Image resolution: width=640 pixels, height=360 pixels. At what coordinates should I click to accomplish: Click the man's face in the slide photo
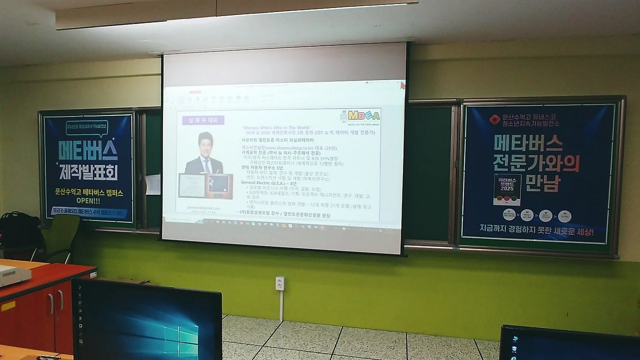pyautogui.click(x=205, y=143)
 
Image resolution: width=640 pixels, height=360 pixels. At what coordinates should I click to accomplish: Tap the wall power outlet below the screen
pyautogui.click(x=279, y=283)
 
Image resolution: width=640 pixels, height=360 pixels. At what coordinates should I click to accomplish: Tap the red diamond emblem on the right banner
pyautogui.click(x=494, y=119)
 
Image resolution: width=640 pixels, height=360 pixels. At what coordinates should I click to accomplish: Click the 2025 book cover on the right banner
pyautogui.click(x=507, y=190)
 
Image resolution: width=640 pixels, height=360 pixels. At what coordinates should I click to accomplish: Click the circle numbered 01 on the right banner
pyautogui.click(x=509, y=215)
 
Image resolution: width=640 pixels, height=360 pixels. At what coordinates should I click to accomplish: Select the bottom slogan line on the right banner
pyautogui.click(x=536, y=232)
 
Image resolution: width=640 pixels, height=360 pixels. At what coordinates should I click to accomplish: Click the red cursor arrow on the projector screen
pyautogui.click(x=402, y=85)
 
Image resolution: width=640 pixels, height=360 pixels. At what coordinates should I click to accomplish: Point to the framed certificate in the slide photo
pyautogui.click(x=192, y=185)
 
